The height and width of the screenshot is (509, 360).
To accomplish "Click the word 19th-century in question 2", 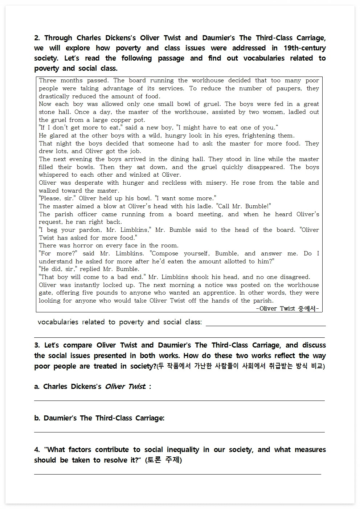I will coord(304,48).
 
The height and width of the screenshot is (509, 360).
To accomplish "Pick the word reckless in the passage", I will coord(174,183).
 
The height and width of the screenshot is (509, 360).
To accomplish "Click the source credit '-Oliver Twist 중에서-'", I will coord(287,308).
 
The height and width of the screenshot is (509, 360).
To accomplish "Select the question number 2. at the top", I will coord(37,38).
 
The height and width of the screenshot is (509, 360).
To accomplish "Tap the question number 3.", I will coord(37,345).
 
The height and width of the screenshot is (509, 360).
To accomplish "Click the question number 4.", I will coord(37,450).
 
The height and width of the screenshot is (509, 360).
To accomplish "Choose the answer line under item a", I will coord(179,400).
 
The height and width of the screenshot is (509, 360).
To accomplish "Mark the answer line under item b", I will coord(179,432).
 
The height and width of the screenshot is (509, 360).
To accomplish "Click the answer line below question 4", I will coord(177,473).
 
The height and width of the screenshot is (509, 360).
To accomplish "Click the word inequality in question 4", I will coord(181,450).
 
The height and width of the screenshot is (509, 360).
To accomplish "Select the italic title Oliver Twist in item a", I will coord(125,387).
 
